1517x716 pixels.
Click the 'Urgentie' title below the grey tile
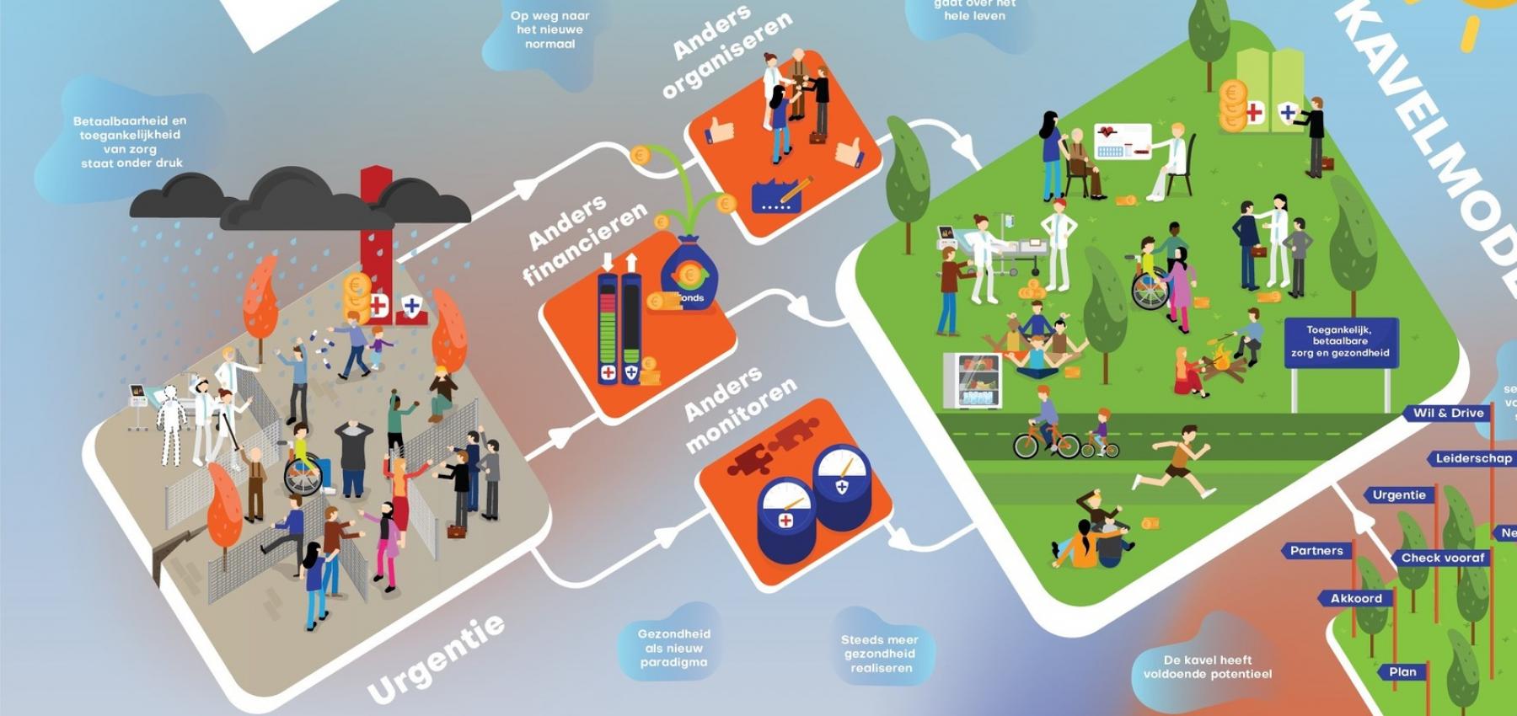click(436, 659)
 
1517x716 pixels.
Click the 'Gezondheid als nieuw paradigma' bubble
click(673, 648)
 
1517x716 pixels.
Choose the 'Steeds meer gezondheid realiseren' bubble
click(880, 654)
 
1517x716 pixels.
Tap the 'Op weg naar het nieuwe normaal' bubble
click(549, 29)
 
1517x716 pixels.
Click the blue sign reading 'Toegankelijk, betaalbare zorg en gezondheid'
click(1339, 342)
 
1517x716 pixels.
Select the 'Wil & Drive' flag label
click(1448, 413)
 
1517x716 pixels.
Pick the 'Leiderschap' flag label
click(1472, 458)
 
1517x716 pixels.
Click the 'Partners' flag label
click(1316, 551)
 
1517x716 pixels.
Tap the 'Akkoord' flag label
click(1355, 598)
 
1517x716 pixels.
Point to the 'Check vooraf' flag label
click(1442, 558)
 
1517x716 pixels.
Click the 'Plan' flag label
click(1402, 671)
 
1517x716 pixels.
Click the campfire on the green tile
click(1219, 369)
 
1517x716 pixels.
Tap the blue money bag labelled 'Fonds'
click(689, 278)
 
